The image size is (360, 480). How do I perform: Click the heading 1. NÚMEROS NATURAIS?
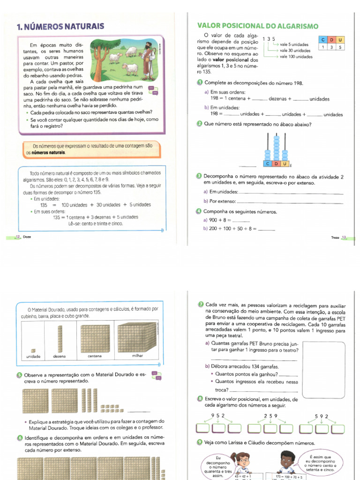[60, 27]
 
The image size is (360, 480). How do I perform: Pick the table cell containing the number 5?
[340, 47]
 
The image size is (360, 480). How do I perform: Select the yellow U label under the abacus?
[284, 164]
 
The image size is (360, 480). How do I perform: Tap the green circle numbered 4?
[199, 211]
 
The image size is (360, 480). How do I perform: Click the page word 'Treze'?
[335, 238]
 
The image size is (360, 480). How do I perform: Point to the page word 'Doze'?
[27, 237]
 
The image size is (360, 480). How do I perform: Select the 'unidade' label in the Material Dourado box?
[33, 356]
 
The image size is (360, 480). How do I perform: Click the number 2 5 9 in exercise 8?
[270, 415]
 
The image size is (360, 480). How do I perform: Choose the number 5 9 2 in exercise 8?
[322, 415]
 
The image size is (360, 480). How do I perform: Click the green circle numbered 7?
[200, 305]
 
